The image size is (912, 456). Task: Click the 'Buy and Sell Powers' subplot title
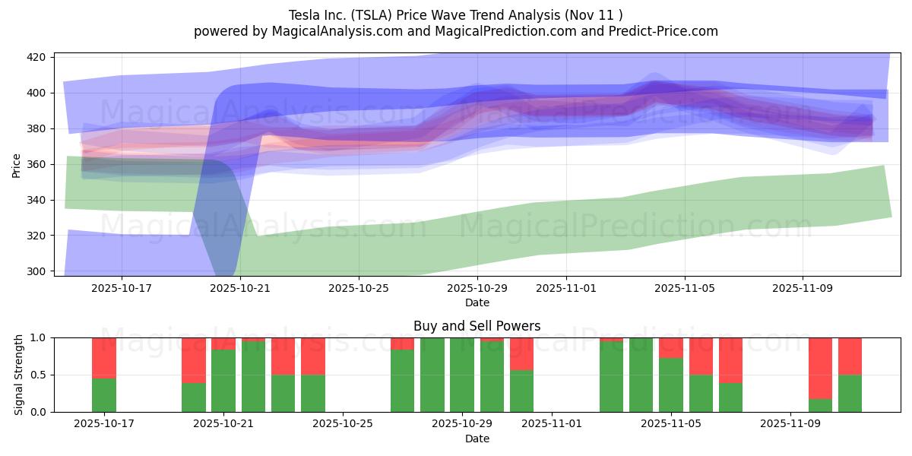(477, 326)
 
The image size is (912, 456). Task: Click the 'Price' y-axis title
(17, 164)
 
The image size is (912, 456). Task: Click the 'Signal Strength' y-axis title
(19, 375)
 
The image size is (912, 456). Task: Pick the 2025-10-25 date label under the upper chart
(359, 288)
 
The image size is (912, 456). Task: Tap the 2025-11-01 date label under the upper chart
(566, 288)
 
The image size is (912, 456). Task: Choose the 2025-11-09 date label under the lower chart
(790, 424)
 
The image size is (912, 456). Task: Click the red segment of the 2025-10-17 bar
(104, 357)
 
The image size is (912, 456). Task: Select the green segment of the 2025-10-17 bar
(104, 395)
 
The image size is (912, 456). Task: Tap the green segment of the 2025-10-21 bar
(223, 381)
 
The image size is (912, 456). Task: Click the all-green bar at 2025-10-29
(462, 375)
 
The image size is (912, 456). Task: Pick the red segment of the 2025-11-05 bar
(671, 347)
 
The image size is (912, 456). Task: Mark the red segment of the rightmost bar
(850, 356)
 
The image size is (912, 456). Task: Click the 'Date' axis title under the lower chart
(477, 439)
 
